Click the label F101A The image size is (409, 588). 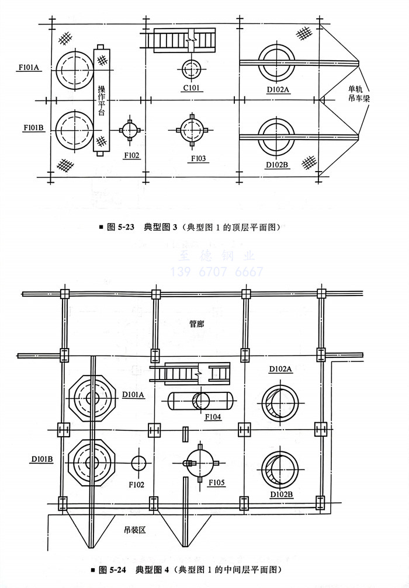tap(27, 68)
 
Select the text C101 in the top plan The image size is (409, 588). tap(192, 89)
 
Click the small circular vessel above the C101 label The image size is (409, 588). tap(191, 68)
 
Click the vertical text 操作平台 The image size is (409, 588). tap(101, 99)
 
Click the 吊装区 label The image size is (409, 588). tap(134, 530)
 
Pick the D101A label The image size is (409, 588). tap(133, 395)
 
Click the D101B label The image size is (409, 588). tap(42, 459)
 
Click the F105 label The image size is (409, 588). tap(216, 483)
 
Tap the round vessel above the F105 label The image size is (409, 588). tap(200, 461)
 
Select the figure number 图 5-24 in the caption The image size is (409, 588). tap(113, 569)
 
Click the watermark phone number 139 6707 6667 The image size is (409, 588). tap(216, 272)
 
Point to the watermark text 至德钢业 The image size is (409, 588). tap(216, 255)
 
